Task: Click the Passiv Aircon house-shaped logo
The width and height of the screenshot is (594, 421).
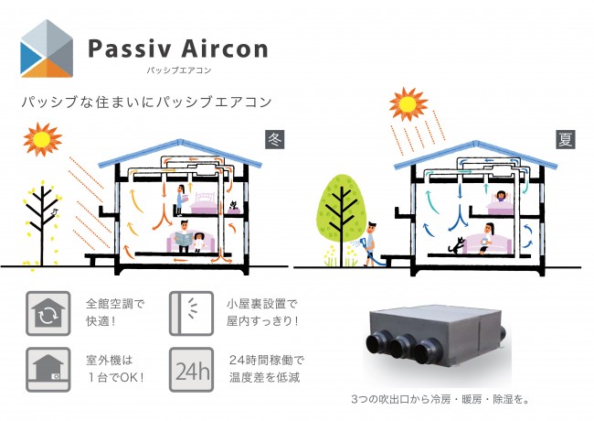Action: coord(47,49)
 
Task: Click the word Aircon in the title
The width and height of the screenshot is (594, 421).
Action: coord(225,49)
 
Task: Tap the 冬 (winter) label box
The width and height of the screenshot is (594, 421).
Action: coord(275,139)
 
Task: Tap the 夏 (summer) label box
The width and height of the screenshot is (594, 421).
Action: coord(566,139)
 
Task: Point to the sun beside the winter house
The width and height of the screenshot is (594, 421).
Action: coord(42,140)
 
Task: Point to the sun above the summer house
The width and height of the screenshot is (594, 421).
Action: coord(408,104)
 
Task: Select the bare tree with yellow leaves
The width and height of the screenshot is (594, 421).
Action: coord(42,224)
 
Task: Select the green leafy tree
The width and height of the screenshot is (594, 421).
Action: coord(342,220)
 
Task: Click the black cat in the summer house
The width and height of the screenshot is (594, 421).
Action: coord(456,246)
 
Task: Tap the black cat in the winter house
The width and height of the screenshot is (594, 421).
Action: coord(233,206)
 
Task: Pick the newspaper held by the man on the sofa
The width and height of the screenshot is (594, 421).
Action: coord(184,239)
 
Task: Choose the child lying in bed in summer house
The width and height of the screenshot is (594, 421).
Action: coord(501,196)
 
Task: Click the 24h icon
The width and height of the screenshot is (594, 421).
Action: coord(191,370)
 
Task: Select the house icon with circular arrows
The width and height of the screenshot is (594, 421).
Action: coord(48,313)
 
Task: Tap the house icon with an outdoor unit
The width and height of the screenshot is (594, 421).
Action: coord(48,370)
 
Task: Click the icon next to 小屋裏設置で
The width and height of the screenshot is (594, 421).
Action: coord(191,313)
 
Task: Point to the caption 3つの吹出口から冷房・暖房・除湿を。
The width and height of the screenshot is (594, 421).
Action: coord(440,399)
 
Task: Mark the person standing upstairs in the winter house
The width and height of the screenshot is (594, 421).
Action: coord(179,200)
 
